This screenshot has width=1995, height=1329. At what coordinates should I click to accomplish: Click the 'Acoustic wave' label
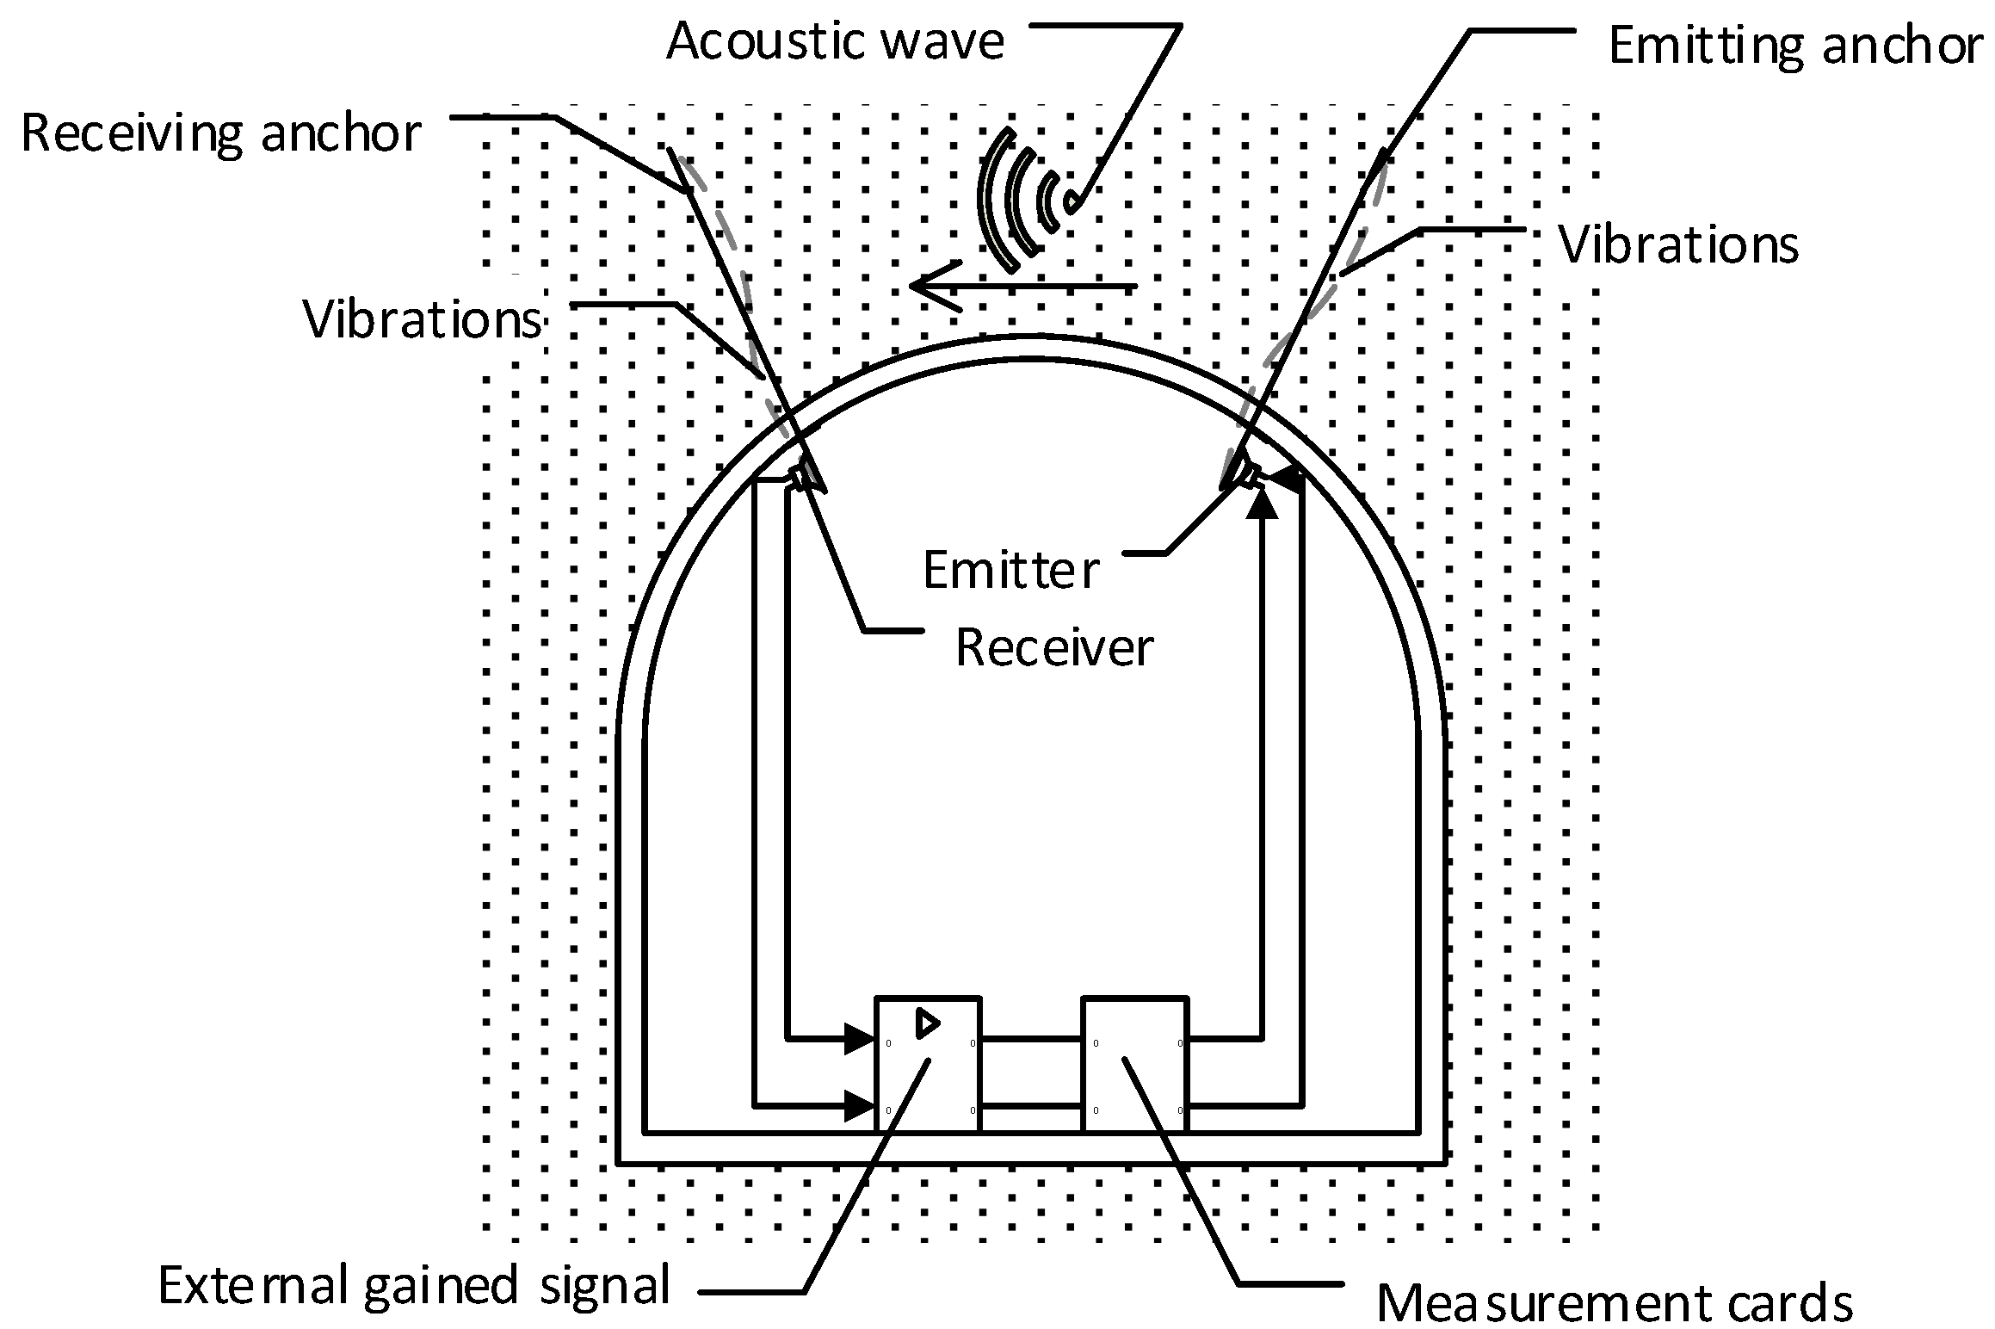[835, 41]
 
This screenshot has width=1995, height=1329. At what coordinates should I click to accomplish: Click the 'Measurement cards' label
[1614, 1302]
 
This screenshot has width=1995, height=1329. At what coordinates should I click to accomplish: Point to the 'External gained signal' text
[414, 1286]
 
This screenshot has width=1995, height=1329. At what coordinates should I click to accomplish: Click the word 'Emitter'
[1010, 570]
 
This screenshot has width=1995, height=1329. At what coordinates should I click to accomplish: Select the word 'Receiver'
[1053, 647]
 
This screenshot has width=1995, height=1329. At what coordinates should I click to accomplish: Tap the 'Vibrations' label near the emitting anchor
[1678, 245]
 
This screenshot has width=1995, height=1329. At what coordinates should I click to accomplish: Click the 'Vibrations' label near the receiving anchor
[423, 320]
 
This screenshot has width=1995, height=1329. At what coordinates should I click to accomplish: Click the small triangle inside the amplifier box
[927, 1023]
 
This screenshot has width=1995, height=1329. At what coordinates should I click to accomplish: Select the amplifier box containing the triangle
[927, 1064]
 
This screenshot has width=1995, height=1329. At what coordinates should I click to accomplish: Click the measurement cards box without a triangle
[1134, 1064]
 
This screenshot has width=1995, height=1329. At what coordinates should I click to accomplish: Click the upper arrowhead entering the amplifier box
[859, 1039]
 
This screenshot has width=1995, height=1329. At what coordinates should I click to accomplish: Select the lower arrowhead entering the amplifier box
[859, 1104]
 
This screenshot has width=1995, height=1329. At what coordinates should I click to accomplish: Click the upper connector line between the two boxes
[1031, 1039]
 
